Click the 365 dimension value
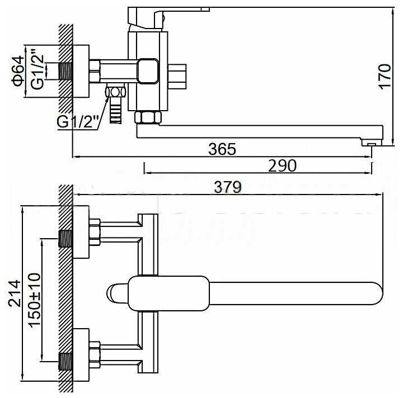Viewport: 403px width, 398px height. pyautogui.click(x=222, y=149)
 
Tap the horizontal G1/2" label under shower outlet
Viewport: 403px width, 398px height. pyautogui.click(x=78, y=120)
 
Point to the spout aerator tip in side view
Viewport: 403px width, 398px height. pyautogui.click(x=371, y=144)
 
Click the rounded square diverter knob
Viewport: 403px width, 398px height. pyautogui.click(x=149, y=70)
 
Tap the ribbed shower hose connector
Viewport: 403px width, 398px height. pyautogui.click(x=116, y=110)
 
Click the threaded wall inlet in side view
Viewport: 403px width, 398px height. pyautogui.click(x=67, y=72)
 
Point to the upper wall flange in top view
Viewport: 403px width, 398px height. pyautogui.click(x=81, y=232)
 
